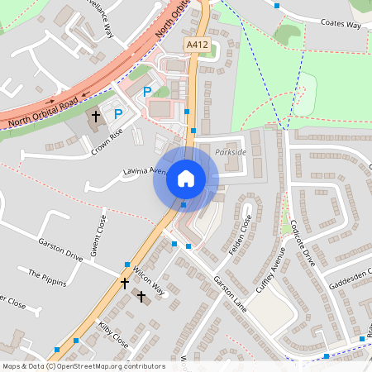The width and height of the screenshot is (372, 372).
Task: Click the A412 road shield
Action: pyautogui.click(x=195, y=44)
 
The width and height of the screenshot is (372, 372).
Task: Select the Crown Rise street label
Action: pyautogui.click(x=107, y=141)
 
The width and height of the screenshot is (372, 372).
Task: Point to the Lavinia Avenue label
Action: pyautogui.click(x=145, y=172)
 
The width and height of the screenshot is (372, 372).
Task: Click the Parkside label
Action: pyautogui.click(x=229, y=153)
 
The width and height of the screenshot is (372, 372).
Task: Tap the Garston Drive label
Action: pyautogui.click(x=60, y=249)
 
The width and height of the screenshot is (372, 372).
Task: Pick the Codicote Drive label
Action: pyautogui.click(x=303, y=242)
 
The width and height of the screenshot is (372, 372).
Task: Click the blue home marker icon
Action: pyautogui.click(x=185, y=179)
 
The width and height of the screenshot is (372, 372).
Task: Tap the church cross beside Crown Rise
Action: pyautogui.click(x=95, y=117)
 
